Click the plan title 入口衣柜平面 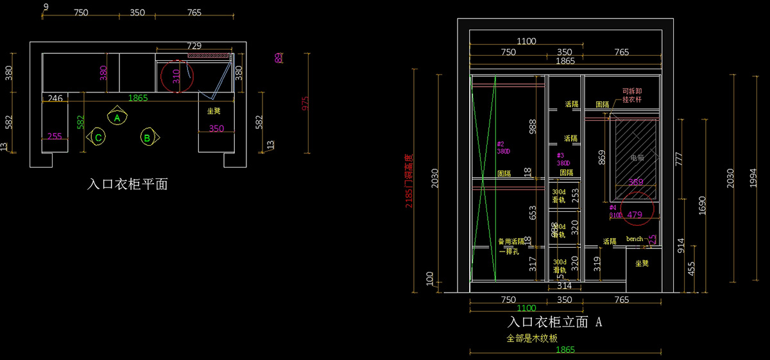(128, 185)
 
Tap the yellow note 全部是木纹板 (532, 338)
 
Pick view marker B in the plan (147, 137)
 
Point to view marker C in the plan (98, 137)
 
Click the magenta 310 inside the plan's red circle (176, 77)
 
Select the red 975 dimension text (305, 103)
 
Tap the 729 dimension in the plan (194, 46)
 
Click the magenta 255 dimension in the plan (55, 136)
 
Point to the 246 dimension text (55, 98)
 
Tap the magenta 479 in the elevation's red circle (635, 214)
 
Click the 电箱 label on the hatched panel (636, 157)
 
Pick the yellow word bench (634, 239)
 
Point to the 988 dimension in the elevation (532, 128)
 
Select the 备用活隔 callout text (511, 241)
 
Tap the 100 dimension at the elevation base (430, 278)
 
